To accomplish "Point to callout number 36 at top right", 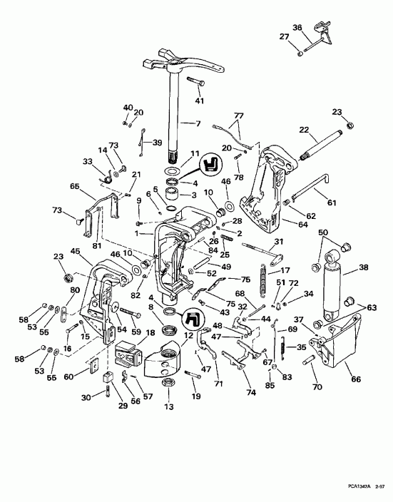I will point(298,28).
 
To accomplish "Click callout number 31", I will point(280,240).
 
